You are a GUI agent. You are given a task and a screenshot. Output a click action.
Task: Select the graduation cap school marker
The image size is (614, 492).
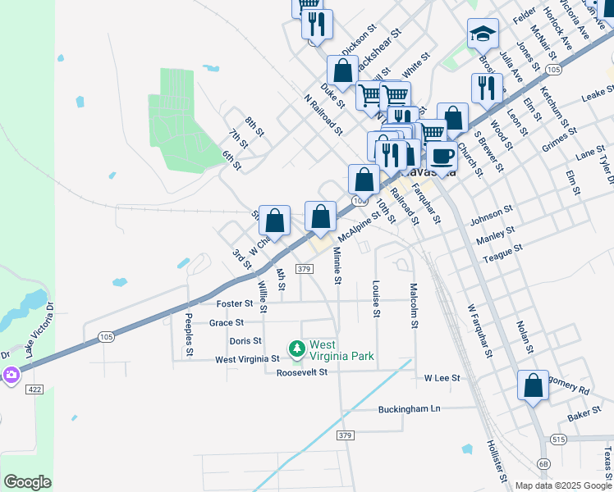pyautogui.click(x=483, y=34)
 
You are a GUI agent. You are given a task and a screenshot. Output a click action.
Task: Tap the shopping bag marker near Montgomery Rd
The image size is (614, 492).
pyautogui.click(x=533, y=385)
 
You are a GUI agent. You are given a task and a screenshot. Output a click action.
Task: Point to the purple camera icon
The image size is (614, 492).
pyautogui.click(x=11, y=376)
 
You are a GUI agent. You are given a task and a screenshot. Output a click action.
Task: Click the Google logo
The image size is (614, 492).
pyautogui.click(x=27, y=482)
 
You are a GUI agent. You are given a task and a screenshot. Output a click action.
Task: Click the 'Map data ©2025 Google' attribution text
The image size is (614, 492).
pyautogui.click(x=563, y=485)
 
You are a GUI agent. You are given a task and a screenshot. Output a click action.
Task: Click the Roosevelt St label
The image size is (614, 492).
pyautogui.click(x=301, y=372)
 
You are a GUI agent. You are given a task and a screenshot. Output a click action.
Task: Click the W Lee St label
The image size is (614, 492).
pyautogui.click(x=442, y=378)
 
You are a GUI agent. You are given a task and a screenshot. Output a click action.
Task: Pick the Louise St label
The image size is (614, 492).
pyautogui.click(x=376, y=299)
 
